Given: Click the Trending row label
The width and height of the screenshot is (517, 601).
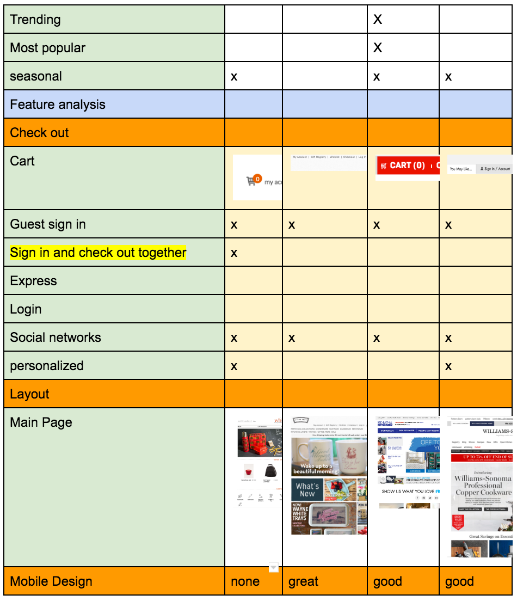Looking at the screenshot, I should (35, 20).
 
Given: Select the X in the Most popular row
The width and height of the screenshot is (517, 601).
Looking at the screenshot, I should (378, 48).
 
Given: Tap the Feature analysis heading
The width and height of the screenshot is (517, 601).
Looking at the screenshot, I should (58, 105).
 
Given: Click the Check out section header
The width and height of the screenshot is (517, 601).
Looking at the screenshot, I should (40, 133).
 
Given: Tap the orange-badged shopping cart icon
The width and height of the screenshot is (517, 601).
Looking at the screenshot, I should (253, 180).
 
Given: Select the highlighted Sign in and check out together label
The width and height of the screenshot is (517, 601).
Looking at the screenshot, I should (98, 253).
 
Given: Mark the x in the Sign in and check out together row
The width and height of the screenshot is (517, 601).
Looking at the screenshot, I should (234, 253).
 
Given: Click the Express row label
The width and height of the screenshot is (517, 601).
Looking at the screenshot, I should (33, 281).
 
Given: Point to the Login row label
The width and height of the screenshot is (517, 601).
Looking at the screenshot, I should (26, 309).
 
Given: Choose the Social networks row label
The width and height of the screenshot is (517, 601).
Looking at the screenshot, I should (56, 338).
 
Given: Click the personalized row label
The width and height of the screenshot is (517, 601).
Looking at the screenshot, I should (47, 366).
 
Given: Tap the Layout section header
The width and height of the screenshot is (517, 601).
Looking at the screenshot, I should (30, 394).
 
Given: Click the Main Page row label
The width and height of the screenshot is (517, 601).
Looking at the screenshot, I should (41, 422).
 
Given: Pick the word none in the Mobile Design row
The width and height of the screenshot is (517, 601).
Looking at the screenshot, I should (245, 581).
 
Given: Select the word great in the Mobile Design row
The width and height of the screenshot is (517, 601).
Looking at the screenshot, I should (303, 581).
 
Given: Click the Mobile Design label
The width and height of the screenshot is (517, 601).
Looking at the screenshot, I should (51, 581).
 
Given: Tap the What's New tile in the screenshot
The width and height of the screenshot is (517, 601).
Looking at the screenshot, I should (307, 489).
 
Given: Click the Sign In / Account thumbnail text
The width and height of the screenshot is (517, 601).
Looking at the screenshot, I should (495, 169).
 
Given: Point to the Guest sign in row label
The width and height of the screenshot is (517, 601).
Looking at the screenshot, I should (48, 224).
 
